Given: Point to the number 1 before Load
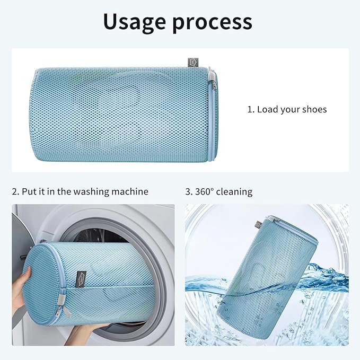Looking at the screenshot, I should (250, 110).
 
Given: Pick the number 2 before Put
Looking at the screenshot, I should (14, 191).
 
